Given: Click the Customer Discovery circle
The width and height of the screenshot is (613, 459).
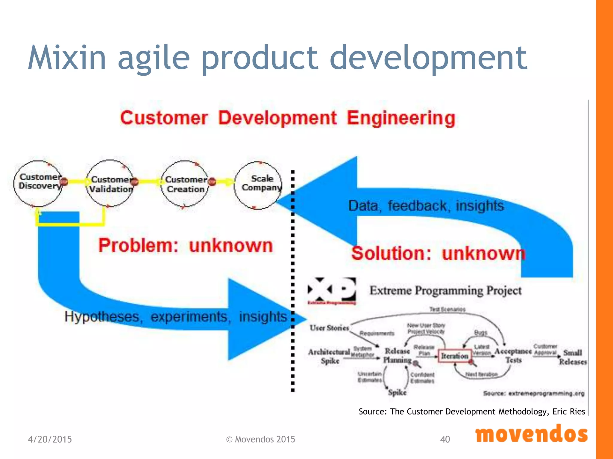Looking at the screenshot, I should coord(38,183).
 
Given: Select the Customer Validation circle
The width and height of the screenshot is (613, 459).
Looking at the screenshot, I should coord(110,183).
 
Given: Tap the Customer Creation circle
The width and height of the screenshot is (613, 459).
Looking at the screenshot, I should coord(185,184).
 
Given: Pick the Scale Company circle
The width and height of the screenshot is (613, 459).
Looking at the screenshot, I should coord(258,185).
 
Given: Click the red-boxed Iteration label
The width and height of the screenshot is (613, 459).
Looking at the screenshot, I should coord(454,356).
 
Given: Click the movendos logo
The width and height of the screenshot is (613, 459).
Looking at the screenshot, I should coord(531,435).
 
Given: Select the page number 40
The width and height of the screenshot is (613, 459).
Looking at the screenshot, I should coord(445,439).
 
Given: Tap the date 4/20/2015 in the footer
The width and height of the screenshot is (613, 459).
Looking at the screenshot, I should coord(50,439).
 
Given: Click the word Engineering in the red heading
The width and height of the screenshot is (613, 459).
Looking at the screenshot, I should coord(401,118).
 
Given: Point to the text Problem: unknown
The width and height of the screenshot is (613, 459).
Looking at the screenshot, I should coord(186,246).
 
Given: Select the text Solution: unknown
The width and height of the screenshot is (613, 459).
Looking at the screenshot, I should coord(438,253).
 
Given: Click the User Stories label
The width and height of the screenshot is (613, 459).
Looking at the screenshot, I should coord(329,328).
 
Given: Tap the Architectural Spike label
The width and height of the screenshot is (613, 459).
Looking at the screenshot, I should coord(329,356).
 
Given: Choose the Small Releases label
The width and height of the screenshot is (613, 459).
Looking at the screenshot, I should coord(573,357).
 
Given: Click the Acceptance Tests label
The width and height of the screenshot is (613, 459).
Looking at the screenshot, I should coord(513,356).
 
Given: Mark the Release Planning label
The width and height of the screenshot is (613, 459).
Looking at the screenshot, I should coord(397,356).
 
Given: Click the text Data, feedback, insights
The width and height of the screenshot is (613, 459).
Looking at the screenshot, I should coord(426,206).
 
